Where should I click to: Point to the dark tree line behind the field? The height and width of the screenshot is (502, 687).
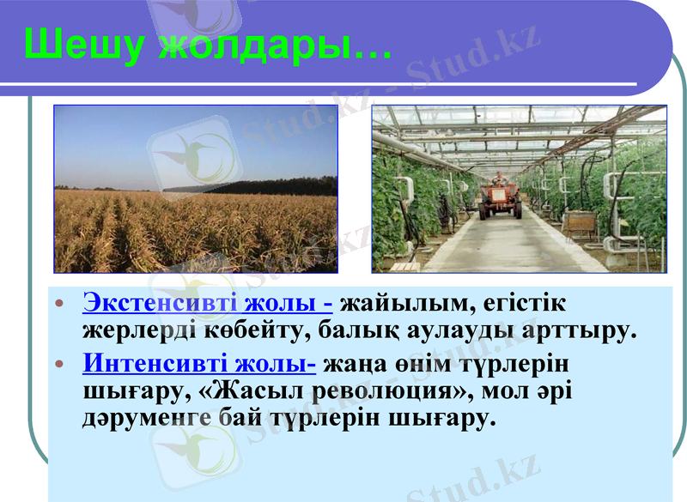(x=258, y=186)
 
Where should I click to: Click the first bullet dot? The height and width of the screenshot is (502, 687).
(x=59, y=305)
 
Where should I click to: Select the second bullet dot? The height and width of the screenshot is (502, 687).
(x=59, y=365)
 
